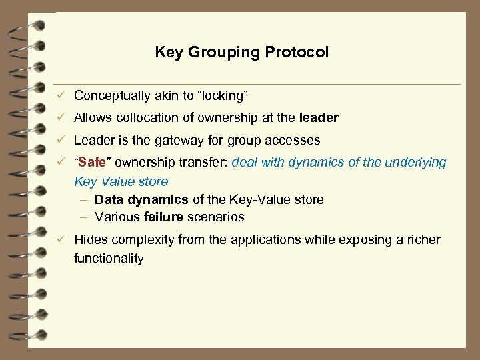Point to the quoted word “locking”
tap(218, 95)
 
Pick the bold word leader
tap(319, 118)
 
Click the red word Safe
tap(92, 163)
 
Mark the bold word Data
tap(109, 199)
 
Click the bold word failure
tap(163, 217)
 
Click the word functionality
tap(109, 258)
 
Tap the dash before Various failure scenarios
tap(84, 217)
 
